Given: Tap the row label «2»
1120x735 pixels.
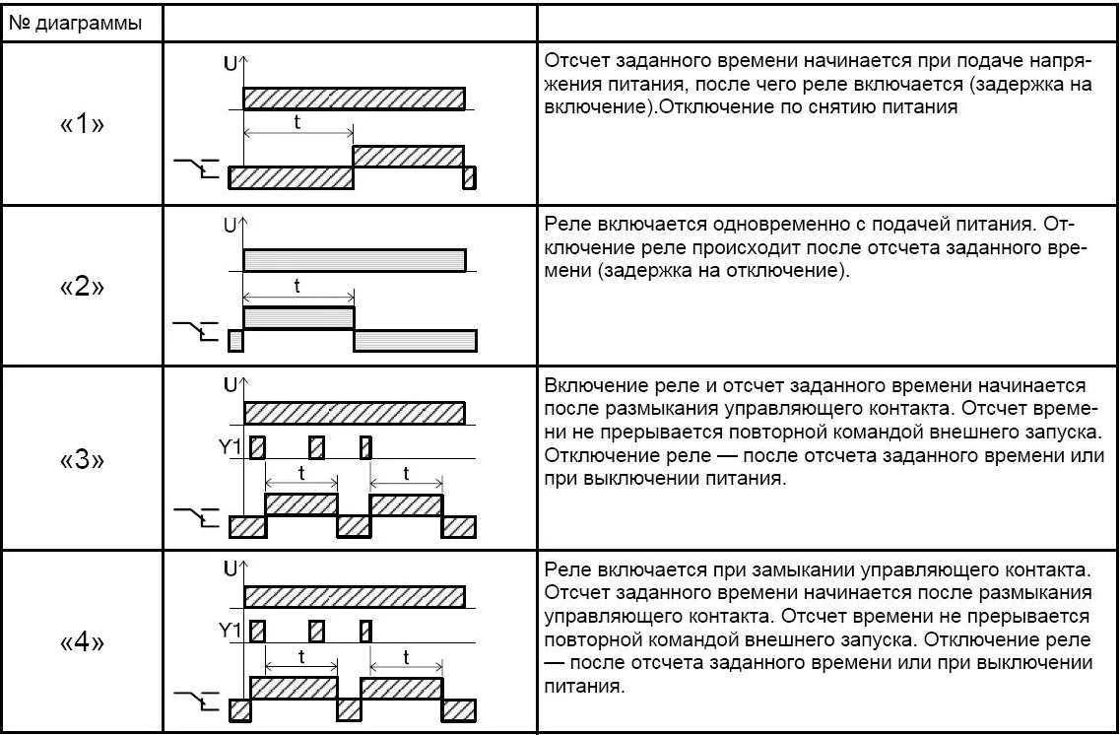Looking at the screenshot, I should click(x=82, y=288).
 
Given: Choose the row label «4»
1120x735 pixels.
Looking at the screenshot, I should click(x=82, y=642).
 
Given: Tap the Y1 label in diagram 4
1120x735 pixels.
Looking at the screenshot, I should click(x=231, y=631).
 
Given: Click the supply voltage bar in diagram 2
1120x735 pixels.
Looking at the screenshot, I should click(x=354, y=260).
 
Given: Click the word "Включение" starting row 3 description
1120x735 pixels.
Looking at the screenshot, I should click(x=589, y=384).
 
